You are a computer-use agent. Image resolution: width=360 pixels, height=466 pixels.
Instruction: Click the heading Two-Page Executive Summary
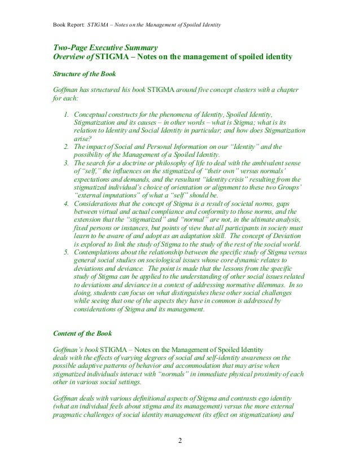click(105, 47)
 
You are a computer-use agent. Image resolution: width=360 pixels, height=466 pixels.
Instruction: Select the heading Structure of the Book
click(85, 74)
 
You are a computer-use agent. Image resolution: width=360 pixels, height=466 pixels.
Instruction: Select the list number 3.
click(67, 163)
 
